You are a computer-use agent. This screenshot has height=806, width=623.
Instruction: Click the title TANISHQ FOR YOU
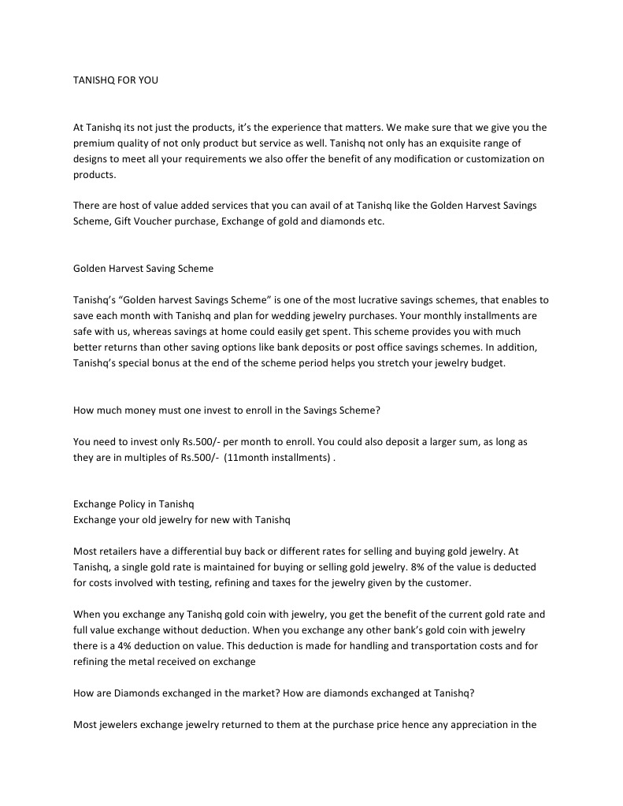115,80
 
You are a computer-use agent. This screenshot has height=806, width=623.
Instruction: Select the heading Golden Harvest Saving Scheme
143,269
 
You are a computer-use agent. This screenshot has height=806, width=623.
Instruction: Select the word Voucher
151,221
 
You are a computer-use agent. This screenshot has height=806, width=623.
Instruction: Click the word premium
93,143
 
